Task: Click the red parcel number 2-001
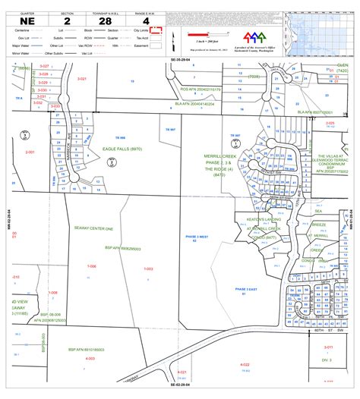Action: [30, 152]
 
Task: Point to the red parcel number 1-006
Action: [92, 245]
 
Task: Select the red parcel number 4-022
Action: [245, 364]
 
